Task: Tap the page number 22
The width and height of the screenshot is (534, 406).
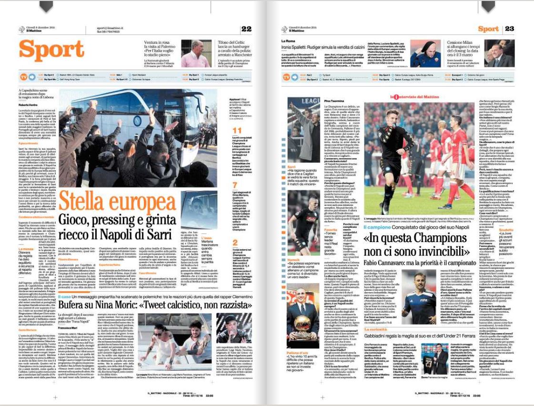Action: coord(246,29)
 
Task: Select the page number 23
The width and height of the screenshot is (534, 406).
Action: coord(509,29)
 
